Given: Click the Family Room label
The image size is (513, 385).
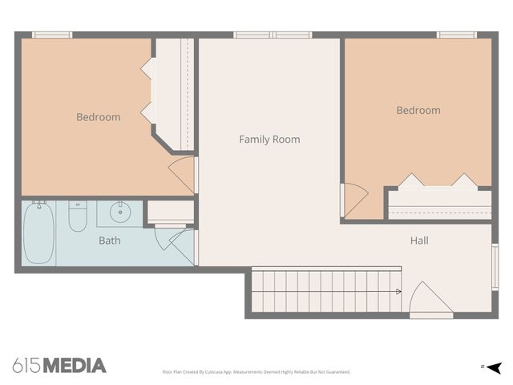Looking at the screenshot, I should [269, 140].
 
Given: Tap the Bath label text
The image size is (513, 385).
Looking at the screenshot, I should [110, 241].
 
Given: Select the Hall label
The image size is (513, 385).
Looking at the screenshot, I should [419, 241].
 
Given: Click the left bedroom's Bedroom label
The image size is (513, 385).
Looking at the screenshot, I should [99, 117].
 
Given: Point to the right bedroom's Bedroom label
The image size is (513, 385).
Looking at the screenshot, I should [418, 111].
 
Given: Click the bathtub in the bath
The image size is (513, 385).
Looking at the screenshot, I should [38, 233].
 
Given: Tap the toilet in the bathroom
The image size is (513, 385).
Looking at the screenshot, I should [77, 216].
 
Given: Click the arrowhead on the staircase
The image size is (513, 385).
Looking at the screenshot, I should [398, 292].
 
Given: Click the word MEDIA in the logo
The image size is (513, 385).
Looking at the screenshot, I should [74, 366].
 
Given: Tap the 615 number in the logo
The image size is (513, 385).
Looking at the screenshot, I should [26, 366].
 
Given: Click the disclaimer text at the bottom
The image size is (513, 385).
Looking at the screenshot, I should [256, 372].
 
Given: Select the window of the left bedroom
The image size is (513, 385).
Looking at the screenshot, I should [52, 34].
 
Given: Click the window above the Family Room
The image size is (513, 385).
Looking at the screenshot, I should [273, 34].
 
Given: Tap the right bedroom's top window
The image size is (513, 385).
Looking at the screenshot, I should [457, 34].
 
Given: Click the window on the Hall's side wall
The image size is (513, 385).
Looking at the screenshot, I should [495, 267].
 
